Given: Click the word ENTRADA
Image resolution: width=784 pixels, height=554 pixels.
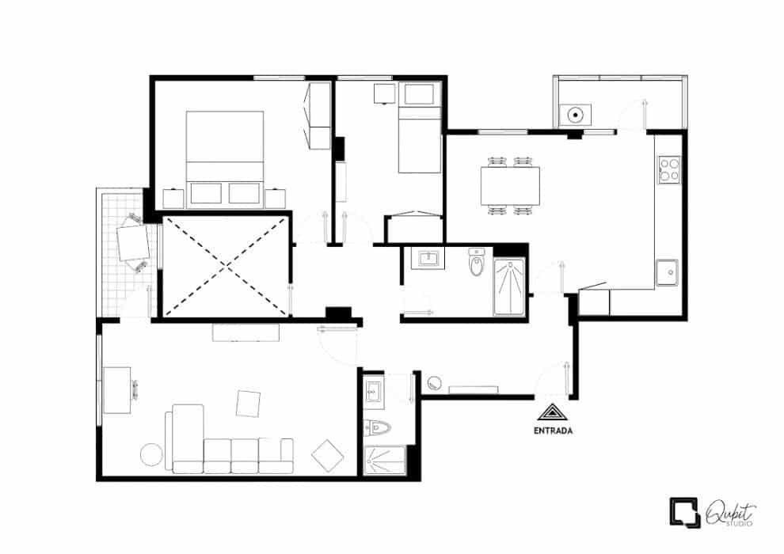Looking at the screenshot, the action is (553, 431).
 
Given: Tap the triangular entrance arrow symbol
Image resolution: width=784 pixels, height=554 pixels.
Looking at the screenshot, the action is (553, 412).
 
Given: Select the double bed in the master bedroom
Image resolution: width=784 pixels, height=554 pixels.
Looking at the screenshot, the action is (224, 159).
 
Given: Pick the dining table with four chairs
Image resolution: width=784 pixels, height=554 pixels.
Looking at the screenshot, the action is (511, 186).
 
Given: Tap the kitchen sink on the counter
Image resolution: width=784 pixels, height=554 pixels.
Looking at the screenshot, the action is (667, 273).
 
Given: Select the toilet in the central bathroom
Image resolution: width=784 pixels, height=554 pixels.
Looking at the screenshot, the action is (477, 262).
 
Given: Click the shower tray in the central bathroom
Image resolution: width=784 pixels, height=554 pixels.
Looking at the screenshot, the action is (509, 288).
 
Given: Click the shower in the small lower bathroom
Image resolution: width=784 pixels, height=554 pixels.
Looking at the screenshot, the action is (385, 461).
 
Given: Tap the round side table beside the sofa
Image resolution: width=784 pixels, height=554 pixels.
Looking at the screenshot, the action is (151, 455).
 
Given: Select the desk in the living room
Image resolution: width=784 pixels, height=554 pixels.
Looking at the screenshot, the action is (117, 390).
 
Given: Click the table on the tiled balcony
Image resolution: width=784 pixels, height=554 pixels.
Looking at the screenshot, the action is (133, 242).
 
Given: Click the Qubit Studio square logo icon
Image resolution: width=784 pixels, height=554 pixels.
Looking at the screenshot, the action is (684, 513).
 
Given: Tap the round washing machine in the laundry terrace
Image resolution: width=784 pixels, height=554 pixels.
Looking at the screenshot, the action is (576, 116).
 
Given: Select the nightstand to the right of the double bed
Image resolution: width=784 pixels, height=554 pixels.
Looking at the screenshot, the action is (275, 199).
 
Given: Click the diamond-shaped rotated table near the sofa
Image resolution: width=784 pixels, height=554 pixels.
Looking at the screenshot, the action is (328, 456).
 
